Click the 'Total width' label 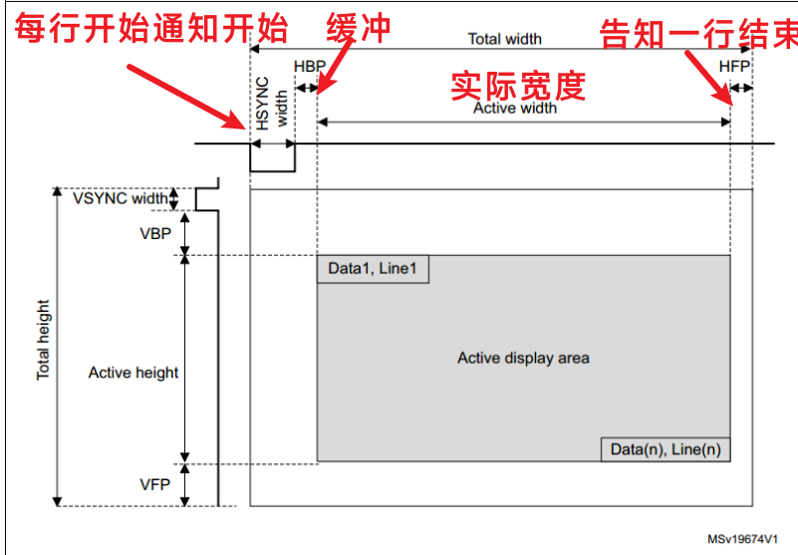tap(505, 39)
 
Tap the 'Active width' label tap(514, 108)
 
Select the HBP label tap(309, 65)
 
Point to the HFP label tap(734, 65)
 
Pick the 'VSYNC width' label tap(121, 198)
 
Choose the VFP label tap(154, 484)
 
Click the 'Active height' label tap(133, 373)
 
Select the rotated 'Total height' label tap(44, 341)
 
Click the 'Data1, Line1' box tap(374, 269)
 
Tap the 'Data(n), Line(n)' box tap(665, 449)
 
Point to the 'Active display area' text tap(523, 358)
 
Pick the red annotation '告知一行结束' tap(697, 36)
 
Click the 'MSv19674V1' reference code tap(743, 538)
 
